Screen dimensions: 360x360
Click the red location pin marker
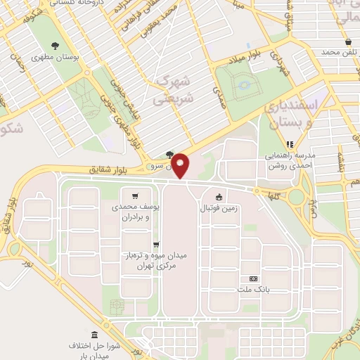[x=181, y=166]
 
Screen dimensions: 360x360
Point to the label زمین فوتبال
[x=220, y=209]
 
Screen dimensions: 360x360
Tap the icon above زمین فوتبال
[x=220, y=198]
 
